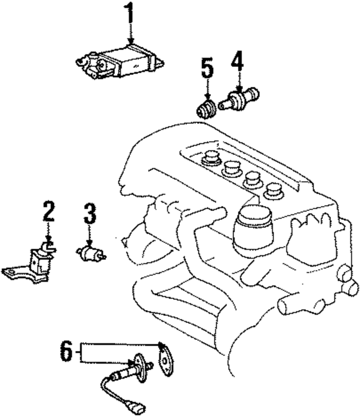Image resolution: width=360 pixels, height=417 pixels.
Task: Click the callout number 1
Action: pyautogui.click(x=130, y=15)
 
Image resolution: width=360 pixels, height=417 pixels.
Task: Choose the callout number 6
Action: pyautogui.click(x=66, y=353)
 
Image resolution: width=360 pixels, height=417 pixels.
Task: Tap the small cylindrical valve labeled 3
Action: pyautogui.click(x=89, y=254)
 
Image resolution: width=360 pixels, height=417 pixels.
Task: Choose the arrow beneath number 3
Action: pyautogui.click(x=89, y=237)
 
